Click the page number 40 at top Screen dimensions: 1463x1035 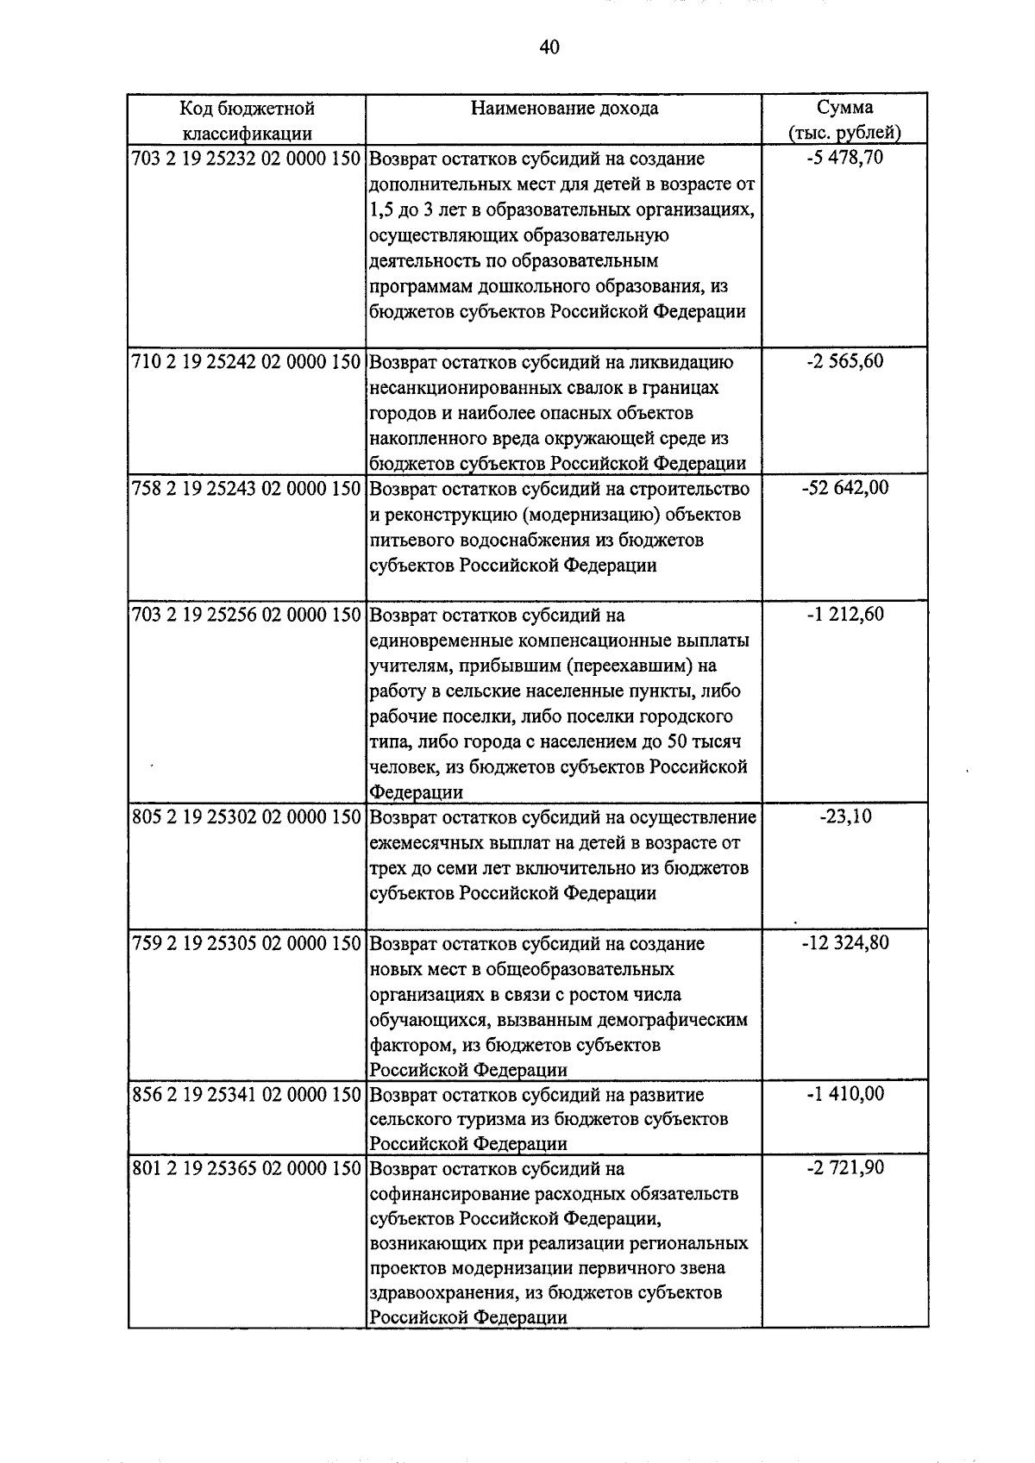[x=549, y=47]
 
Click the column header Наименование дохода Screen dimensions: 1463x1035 [x=564, y=108]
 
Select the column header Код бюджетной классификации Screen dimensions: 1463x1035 [x=247, y=120]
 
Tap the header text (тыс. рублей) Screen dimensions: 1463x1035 [x=844, y=133]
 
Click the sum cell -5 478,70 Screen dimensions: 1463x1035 [x=844, y=158]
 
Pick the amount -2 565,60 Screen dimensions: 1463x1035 [x=844, y=361]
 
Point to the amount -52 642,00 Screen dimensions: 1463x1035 [x=844, y=488]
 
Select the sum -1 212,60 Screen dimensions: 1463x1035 [x=844, y=615]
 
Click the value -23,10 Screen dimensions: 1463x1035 [x=844, y=816]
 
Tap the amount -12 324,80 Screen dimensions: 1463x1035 [x=844, y=942]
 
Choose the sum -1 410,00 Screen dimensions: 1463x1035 [x=844, y=1094]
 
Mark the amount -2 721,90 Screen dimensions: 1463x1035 [x=844, y=1168]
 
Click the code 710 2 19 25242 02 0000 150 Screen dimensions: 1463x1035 [x=246, y=362]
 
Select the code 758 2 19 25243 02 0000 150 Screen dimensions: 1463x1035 [x=246, y=489]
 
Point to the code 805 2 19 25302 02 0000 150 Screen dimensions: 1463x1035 [x=246, y=817]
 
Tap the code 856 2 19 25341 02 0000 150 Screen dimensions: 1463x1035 [x=246, y=1095]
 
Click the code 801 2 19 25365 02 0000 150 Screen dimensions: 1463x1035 [x=246, y=1169]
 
